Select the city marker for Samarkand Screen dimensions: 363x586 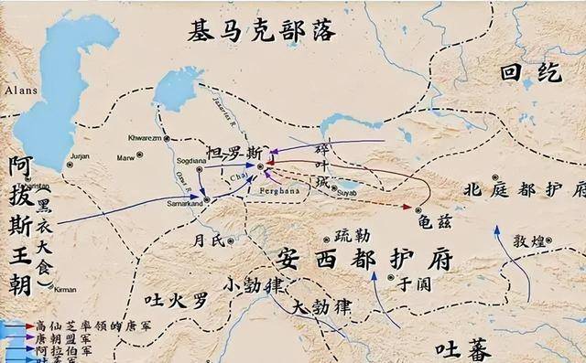pyautogui.click(x=207, y=199)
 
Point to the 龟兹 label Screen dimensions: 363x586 pyautogui.click(x=431, y=219)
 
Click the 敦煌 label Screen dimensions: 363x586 pyautogui.click(x=529, y=241)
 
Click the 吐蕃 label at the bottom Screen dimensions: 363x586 pyautogui.click(x=463, y=349)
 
